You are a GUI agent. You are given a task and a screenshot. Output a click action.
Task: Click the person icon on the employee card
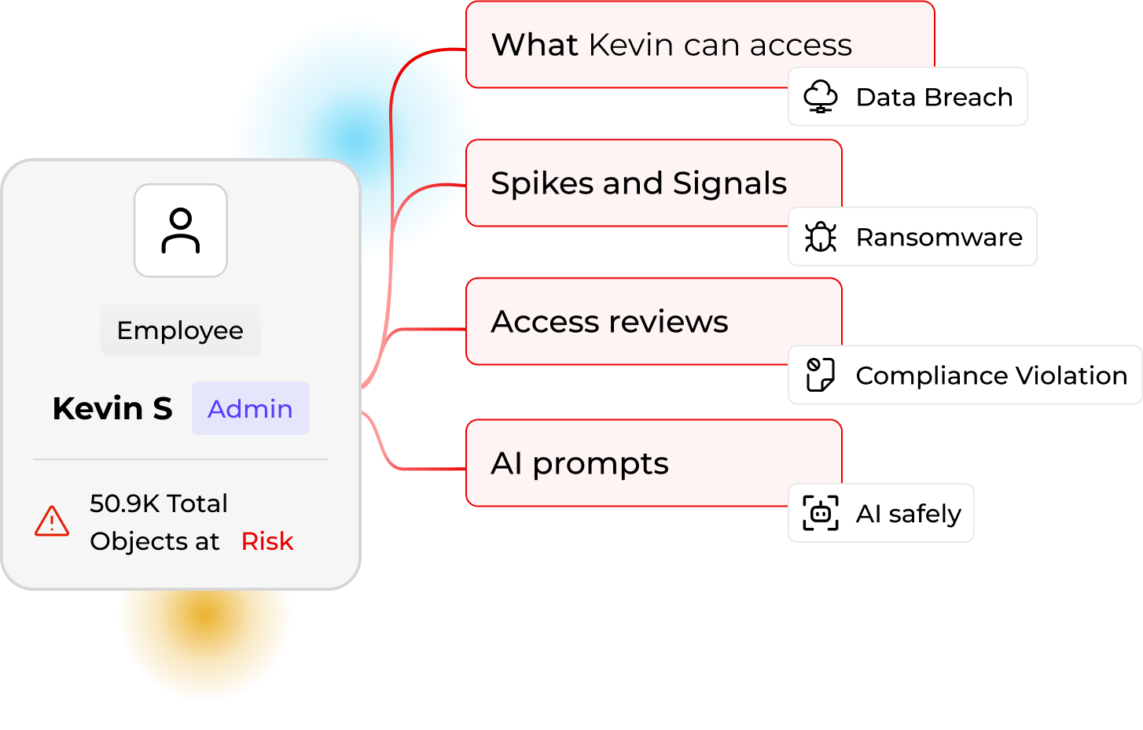click(x=181, y=230)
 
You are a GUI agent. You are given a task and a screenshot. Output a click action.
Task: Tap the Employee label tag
click(x=180, y=330)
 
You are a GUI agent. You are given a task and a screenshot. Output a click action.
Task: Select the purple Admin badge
click(x=250, y=408)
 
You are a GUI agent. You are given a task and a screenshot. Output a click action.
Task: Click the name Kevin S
click(x=112, y=409)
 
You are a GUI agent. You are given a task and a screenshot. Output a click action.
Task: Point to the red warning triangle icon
click(x=52, y=522)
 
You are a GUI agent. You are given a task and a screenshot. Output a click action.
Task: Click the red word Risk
click(x=267, y=541)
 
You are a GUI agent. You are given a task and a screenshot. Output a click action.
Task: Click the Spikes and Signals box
click(x=638, y=183)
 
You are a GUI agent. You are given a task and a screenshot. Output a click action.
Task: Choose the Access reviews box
click(x=609, y=322)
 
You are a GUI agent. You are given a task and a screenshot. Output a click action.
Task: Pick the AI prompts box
click(x=579, y=463)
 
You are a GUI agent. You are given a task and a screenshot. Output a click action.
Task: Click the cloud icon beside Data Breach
click(x=820, y=97)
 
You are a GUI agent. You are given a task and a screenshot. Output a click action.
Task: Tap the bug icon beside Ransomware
click(x=820, y=237)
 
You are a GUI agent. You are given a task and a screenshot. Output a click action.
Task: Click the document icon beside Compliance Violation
click(x=820, y=375)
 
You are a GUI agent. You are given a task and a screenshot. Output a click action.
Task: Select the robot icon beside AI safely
click(x=820, y=514)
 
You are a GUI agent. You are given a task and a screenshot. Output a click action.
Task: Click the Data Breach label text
click(x=934, y=97)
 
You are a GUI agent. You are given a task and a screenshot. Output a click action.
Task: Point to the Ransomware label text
click(x=939, y=237)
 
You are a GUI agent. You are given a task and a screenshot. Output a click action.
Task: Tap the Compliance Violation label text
click(x=991, y=375)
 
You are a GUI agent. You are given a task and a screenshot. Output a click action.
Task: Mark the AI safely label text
click(x=908, y=514)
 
